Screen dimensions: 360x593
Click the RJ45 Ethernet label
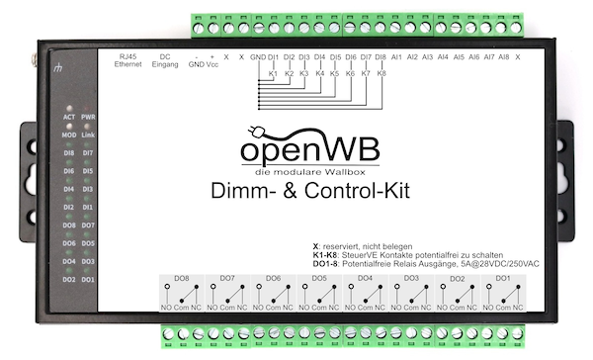tap(128, 61)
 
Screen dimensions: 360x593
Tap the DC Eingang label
tap(164, 61)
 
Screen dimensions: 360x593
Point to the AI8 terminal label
tap(504, 57)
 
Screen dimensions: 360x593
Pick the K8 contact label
tap(381, 73)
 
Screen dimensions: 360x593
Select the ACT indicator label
tap(70, 117)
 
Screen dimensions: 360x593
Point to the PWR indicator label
tap(87, 117)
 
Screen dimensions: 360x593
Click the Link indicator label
tap(87, 135)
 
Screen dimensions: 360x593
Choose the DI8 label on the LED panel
tap(70, 152)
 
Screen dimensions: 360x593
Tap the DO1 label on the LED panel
tap(87, 279)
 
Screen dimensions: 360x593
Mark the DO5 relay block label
tap(319, 279)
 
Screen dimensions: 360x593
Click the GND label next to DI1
tap(257, 57)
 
